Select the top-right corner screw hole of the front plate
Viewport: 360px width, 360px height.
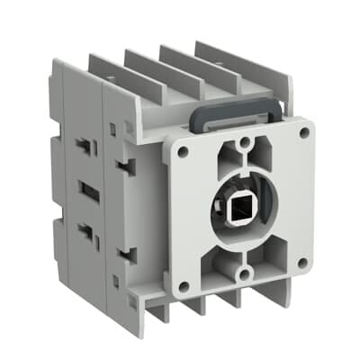[x=303, y=132]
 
